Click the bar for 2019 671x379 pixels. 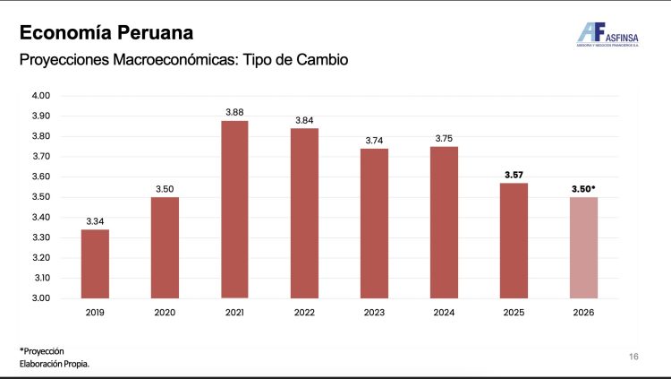pos(95,264)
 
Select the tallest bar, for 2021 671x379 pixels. pos(234,209)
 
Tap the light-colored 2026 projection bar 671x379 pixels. pos(583,247)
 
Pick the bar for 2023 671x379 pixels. pos(374,223)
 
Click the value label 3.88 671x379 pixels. pos(234,112)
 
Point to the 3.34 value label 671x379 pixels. pos(95,220)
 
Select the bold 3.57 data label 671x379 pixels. pos(514,174)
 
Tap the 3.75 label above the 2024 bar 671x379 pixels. pos(444,138)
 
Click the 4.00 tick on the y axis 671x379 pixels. pos(41,96)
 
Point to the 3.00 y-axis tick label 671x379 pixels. pos(41,298)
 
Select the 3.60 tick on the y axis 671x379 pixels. pos(41,177)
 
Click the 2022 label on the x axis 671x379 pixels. pos(304,313)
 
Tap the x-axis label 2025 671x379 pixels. pos(514,313)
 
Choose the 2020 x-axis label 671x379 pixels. pos(165,313)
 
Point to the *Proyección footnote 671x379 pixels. pos(42,349)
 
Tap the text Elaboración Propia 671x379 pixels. pos(55,364)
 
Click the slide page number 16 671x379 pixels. pos(633,357)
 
